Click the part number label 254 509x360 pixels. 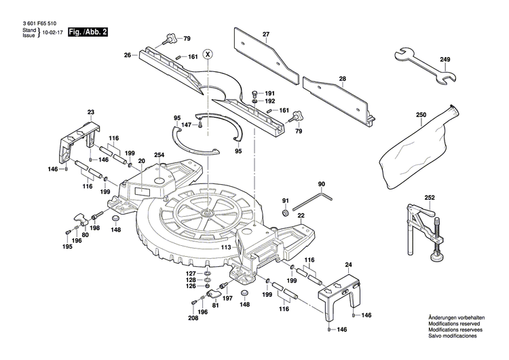(x=159, y=155)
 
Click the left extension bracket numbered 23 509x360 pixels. (x=77, y=139)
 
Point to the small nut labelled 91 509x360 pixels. (x=286, y=213)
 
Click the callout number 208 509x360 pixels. (x=193, y=319)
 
